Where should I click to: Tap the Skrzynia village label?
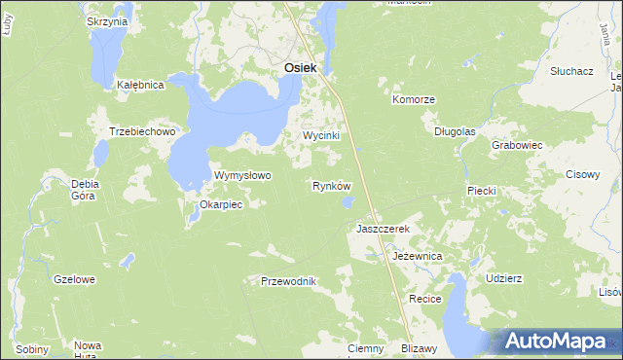pyautogui.click(x=107, y=21)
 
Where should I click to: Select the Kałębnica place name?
pyautogui.click(x=140, y=85)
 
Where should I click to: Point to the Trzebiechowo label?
pyautogui.click(x=141, y=131)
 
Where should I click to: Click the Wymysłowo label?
pyautogui.click(x=242, y=175)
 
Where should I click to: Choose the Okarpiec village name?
pyautogui.click(x=220, y=204)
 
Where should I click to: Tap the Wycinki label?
pyautogui.click(x=320, y=136)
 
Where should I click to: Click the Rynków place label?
pyautogui.click(x=331, y=185)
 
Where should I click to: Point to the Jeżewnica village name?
pyautogui.click(x=418, y=255)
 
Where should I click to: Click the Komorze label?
pyautogui.click(x=413, y=99)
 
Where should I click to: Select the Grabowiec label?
pyautogui.click(x=517, y=144)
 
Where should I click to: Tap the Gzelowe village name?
pyautogui.click(x=75, y=279)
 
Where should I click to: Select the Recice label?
pyautogui.click(x=426, y=299)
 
